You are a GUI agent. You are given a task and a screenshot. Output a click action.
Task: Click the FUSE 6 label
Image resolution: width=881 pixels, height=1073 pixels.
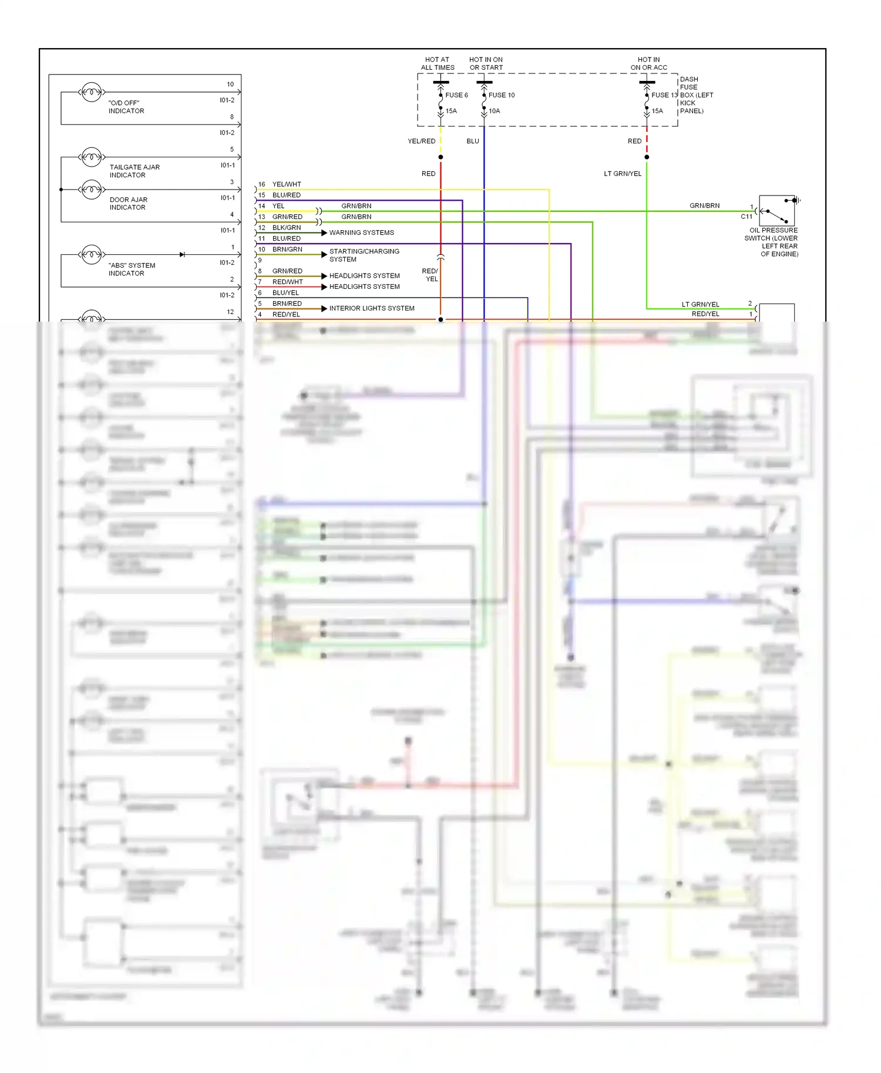click(x=456, y=95)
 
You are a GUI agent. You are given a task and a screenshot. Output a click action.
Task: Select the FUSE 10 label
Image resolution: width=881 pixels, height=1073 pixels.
click(x=501, y=95)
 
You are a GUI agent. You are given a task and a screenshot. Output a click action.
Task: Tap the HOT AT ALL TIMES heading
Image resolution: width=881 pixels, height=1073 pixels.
click(x=438, y=63)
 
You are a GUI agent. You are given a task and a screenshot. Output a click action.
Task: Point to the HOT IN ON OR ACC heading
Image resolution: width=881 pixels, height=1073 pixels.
click(x=648, y=63)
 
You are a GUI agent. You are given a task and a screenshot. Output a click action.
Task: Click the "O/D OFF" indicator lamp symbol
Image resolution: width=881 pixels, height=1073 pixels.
click(x=92, y=92)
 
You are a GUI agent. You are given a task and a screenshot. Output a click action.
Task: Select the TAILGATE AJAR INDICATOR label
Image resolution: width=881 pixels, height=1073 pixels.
click(x=134, y=171)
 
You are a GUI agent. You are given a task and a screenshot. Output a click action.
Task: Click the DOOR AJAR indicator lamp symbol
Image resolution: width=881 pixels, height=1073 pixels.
click(x=92, y=190)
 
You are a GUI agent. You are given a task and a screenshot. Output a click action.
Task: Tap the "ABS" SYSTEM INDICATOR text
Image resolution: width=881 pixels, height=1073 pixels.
click(x=132, y=269)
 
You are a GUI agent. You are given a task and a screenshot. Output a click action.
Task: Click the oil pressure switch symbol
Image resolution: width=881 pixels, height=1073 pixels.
click(x=776, y=211)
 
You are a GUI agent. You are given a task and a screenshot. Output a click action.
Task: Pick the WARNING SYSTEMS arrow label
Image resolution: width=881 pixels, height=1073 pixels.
click(x=361, y=233)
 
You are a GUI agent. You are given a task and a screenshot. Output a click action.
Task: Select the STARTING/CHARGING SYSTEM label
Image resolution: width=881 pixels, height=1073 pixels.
click(x=364, y=255)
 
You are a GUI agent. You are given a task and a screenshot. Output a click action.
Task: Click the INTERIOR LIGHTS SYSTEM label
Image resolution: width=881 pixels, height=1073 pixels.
click(x=371, y=308)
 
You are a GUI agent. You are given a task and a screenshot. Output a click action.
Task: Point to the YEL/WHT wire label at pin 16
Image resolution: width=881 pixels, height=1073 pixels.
click(x=287, y=184)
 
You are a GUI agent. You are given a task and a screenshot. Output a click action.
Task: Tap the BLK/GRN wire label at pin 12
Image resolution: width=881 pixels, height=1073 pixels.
click(x=286, y=228)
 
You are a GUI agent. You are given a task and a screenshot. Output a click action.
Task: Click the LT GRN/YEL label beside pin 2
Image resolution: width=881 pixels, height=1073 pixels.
click(x=700, y=304)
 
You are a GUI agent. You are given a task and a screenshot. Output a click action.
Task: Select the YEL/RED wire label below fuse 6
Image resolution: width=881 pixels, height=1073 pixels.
click(x=421, y=141)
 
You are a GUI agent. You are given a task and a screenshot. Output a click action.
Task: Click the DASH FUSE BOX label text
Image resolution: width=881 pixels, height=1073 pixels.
click(x=696, y=95)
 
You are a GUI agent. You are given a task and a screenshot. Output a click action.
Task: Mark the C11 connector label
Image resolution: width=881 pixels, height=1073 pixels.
click(x=746, y=217)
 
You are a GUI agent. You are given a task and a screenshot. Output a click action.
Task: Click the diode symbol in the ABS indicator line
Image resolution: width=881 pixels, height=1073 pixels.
click(x=182, y=255)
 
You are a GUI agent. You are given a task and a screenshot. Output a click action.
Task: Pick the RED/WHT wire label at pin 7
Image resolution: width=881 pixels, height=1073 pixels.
click(x=287, y=282)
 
